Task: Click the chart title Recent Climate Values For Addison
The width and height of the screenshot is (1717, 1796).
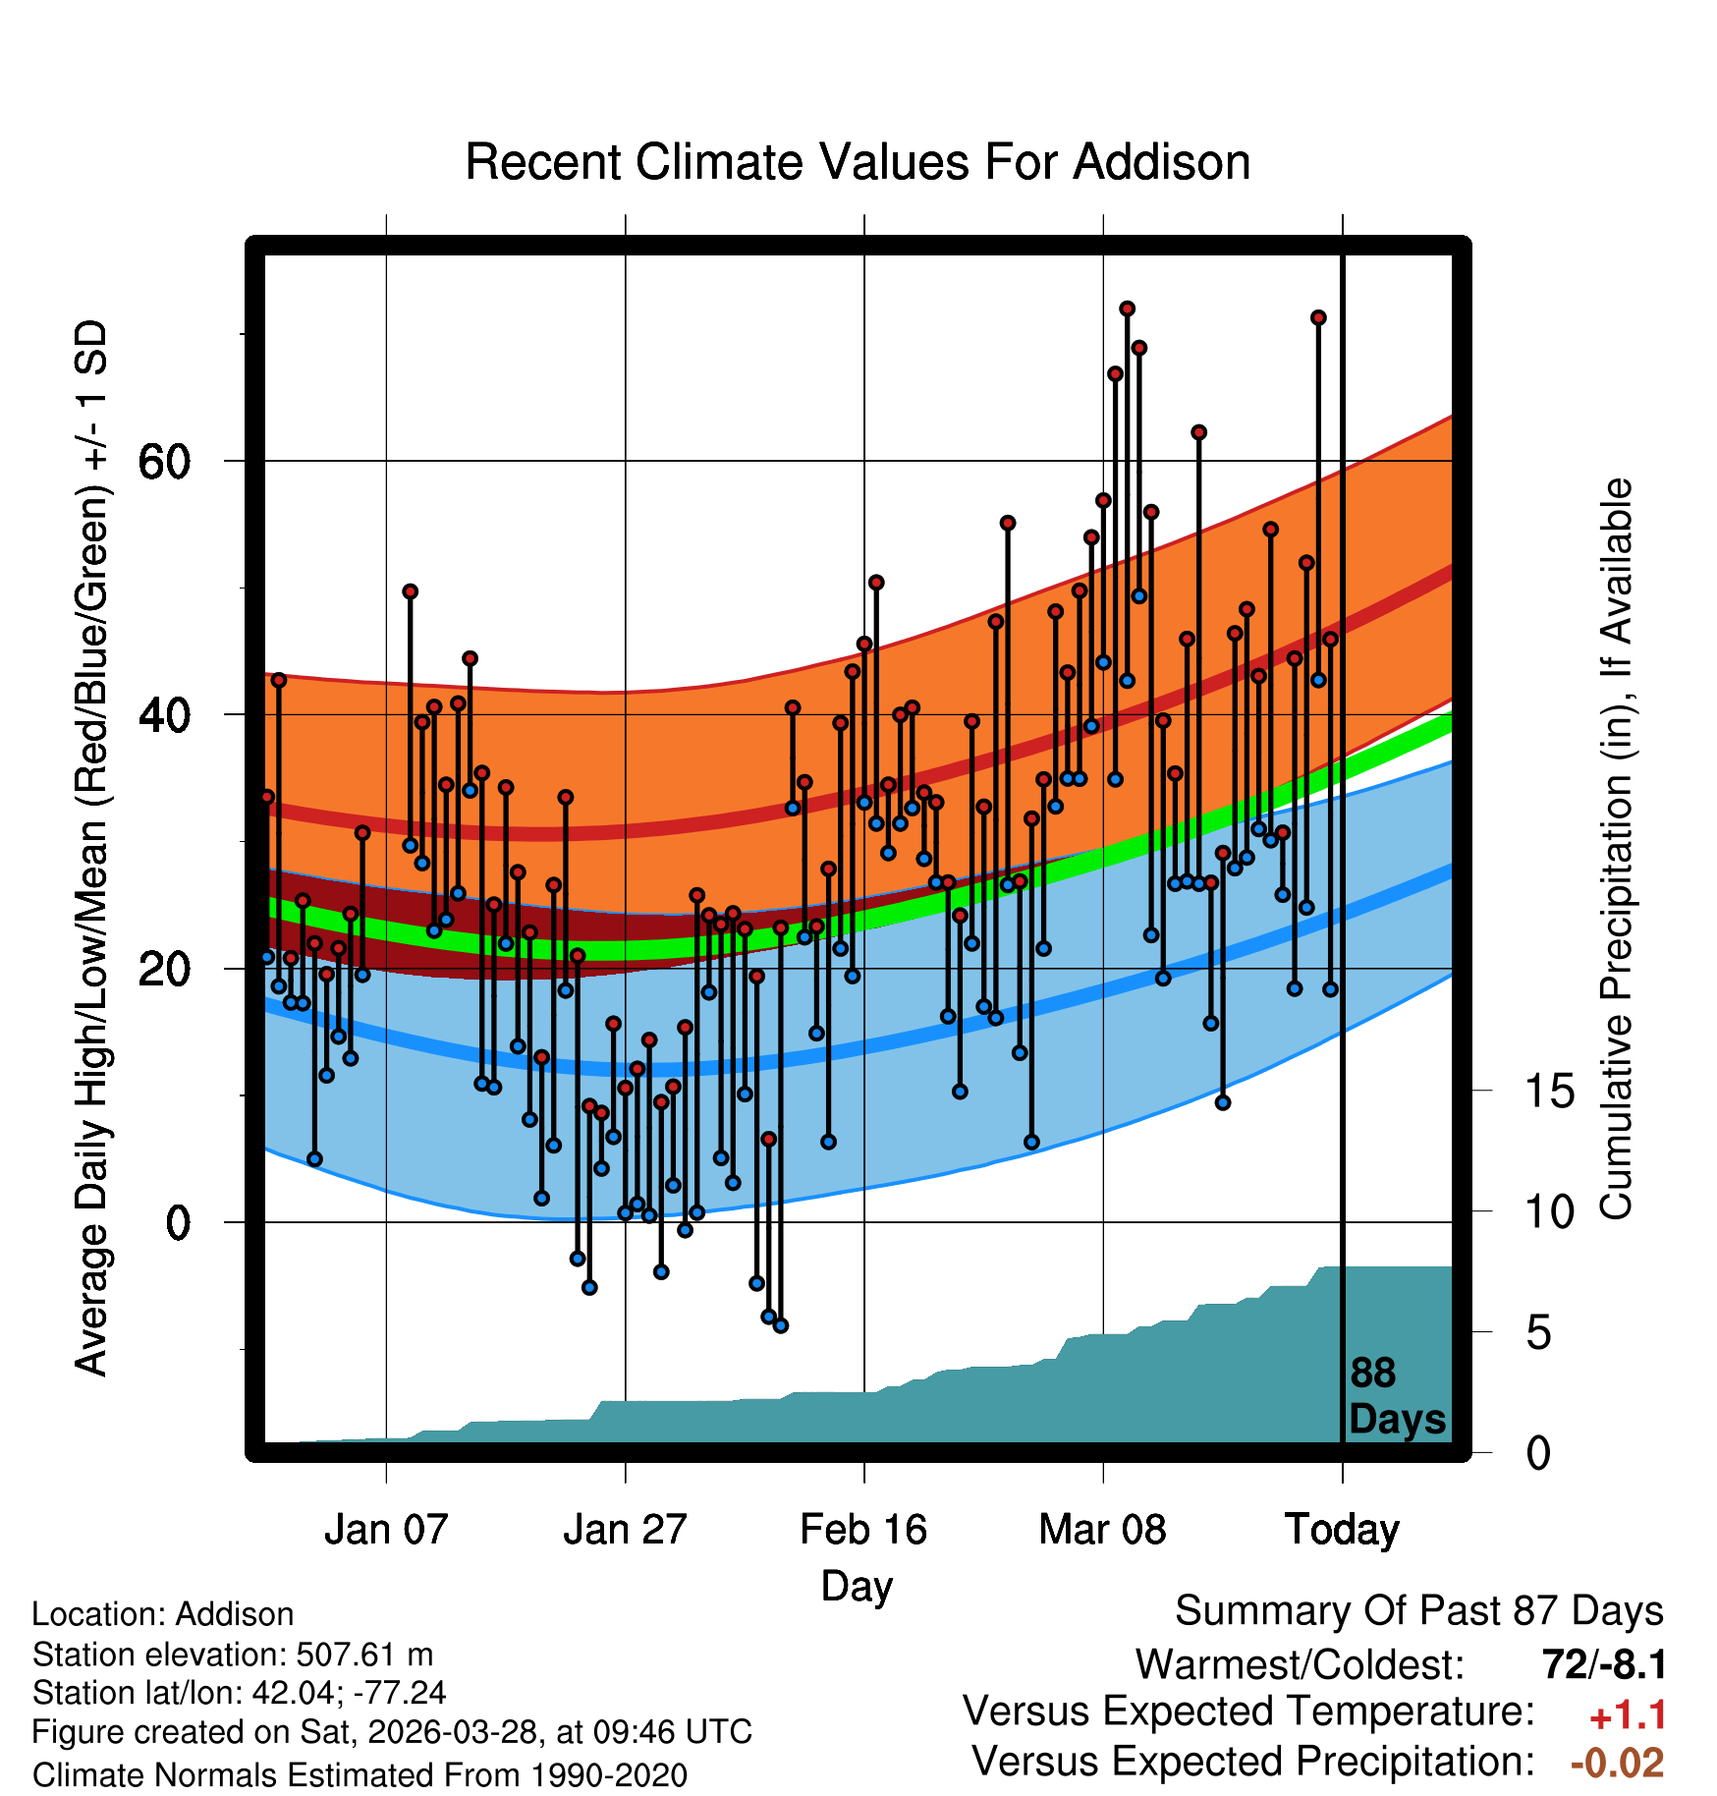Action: (x=858, y=162)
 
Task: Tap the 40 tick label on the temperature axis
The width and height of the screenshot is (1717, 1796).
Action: (x=165, y=715)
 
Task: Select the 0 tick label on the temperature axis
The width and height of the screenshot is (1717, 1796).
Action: (x=178, y=1223)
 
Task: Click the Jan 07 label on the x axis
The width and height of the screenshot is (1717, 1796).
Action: (x=386, y=1530)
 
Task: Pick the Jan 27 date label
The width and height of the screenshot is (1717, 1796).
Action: (x=625, y=1530)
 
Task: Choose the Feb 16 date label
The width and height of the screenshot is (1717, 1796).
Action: (x=863, y=1530)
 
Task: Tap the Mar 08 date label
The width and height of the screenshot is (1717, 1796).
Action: (x=1102, y=1530)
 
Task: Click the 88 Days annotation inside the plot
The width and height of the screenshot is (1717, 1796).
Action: (x=1397, y=1396)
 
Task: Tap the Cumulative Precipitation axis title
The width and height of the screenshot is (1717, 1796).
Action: (x=1616, y=849)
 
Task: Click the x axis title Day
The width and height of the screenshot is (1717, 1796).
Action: (x=858, y=1587)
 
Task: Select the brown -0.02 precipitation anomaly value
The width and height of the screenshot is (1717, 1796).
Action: (x=1618, y=1764)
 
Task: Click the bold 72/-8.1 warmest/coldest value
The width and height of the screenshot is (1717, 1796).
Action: (x=1604, y=1664)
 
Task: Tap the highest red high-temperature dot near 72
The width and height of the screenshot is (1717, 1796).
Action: (x=1127, y=309)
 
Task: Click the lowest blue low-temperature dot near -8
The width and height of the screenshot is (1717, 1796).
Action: (x=781, y=1325)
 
